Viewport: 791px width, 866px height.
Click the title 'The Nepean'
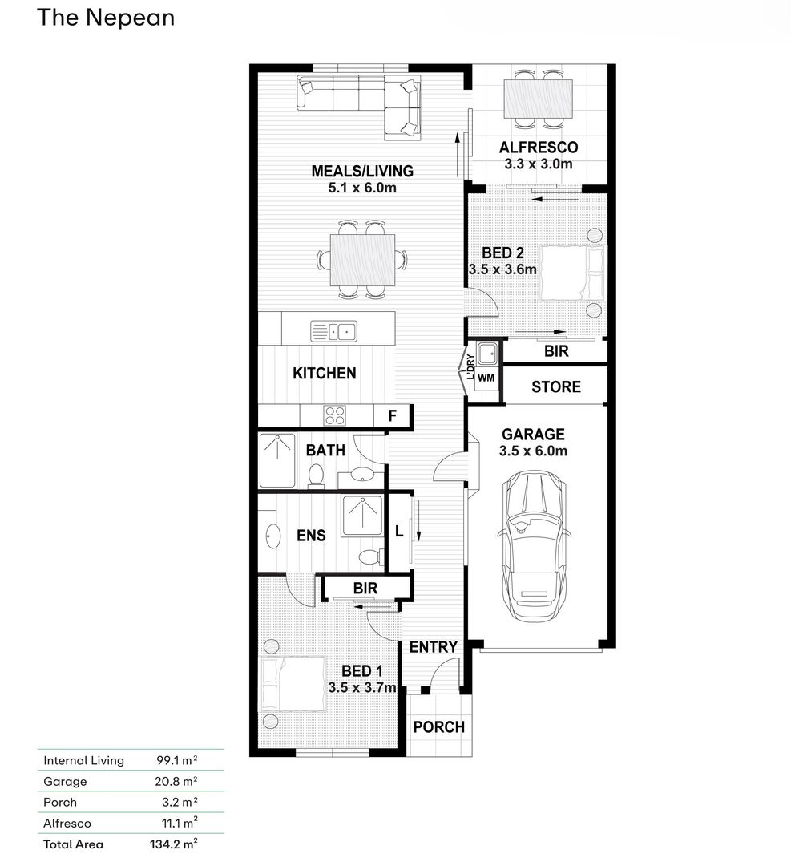[106, 18]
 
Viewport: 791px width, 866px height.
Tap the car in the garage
[535, 544]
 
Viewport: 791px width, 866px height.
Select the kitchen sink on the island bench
[334, 331]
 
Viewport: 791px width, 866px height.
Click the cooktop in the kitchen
[334, 416]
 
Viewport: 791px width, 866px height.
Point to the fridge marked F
[392, 415]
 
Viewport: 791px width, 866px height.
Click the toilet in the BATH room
[316, 475]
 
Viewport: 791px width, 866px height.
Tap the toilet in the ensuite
[371, 556]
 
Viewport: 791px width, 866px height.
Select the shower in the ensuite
[362, 516]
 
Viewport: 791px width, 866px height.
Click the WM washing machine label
[486, 378]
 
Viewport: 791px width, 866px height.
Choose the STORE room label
[556, 386]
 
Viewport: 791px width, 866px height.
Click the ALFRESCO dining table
[539, 99]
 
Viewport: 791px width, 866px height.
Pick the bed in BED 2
[572, 273]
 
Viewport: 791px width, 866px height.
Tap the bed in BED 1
[293, 684]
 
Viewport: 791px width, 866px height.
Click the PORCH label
[439, 726]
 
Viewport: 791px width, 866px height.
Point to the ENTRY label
[434, 647]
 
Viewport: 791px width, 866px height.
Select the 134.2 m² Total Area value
[173, 844]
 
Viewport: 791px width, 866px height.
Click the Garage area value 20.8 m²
[176, 781]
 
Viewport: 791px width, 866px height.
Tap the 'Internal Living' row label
[84, 760]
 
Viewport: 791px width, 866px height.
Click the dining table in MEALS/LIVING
[363, 260]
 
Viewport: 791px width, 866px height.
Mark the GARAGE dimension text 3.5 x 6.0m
[533, 451]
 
